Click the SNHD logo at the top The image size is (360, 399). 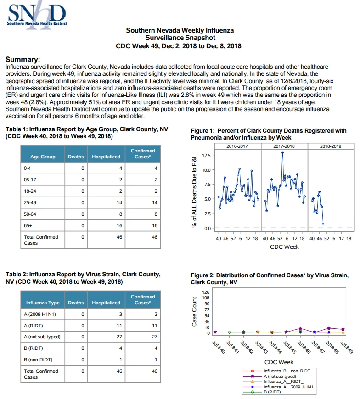click(37, 15)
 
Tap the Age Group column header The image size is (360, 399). click(43, 157)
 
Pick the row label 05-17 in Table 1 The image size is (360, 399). click(30, 180)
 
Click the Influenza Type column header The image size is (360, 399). click(43, 303)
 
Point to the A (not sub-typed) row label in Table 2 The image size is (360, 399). click(42, 337)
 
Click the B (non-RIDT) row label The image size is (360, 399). click(38, 360)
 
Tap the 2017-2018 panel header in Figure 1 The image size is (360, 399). click(284, 146)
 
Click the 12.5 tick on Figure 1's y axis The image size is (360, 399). click(206, 155)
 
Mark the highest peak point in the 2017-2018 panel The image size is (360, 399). click(282, 153)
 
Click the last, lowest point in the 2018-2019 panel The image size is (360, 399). click(323, 224)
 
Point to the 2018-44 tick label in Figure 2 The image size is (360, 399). click(276, 347)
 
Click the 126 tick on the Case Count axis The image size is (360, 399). click(206, 292)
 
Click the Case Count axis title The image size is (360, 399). click(194, 312)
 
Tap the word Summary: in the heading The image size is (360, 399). click(22, 60)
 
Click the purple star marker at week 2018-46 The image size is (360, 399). click(300, 329)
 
